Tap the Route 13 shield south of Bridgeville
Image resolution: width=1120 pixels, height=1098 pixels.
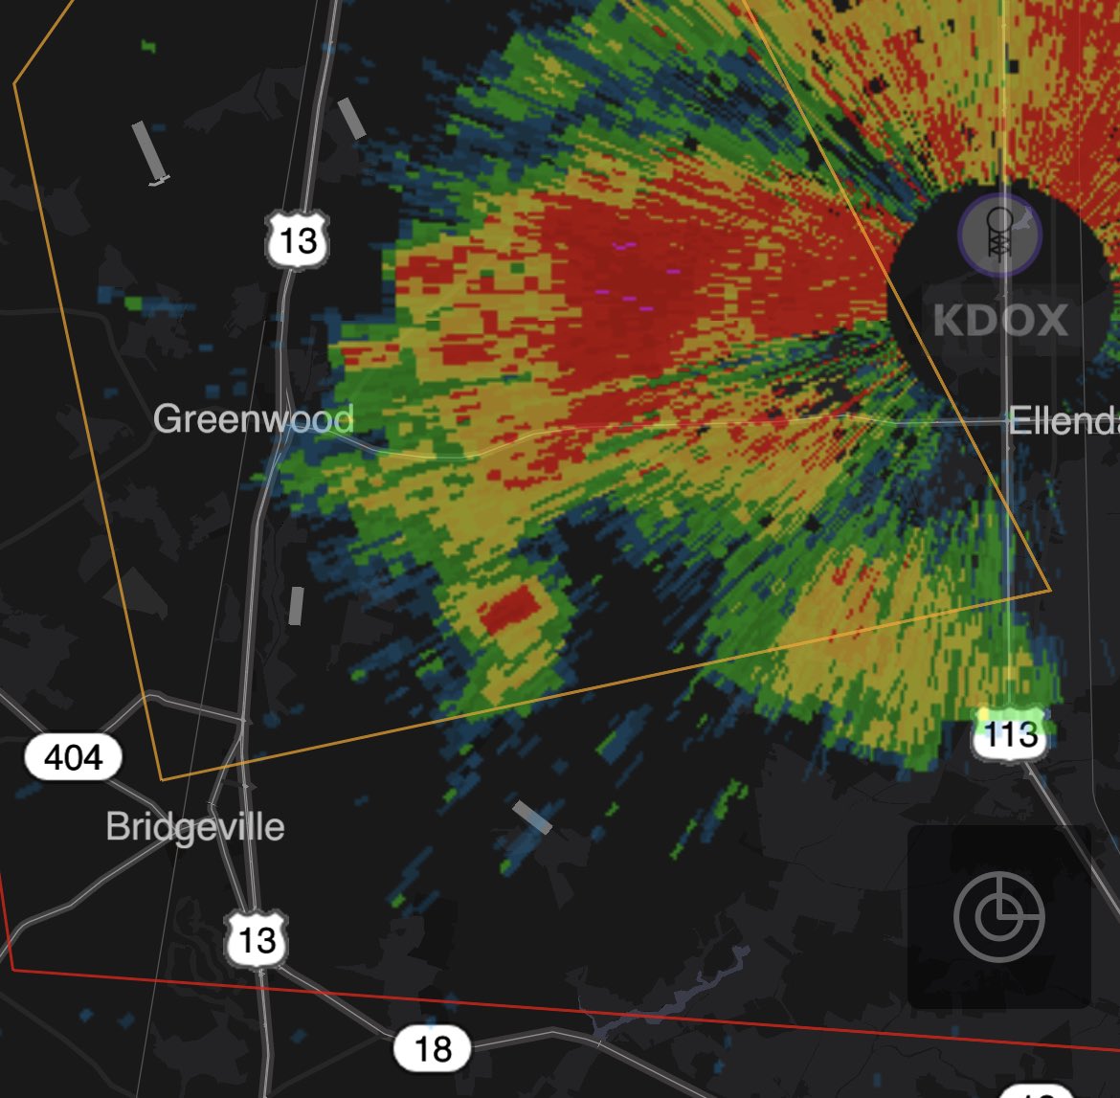tap(257, 939)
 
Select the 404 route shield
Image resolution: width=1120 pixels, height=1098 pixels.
tap(73, 758)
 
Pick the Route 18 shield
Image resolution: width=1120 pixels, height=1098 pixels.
tap(432, 1048)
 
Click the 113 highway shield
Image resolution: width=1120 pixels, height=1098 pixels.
tap(1010, 734)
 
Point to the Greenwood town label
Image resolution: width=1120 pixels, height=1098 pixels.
tap(253, 419)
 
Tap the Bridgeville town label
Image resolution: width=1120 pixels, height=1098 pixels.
tap(194, 826)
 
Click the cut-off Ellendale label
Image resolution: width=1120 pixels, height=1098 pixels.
tap(1063, 420)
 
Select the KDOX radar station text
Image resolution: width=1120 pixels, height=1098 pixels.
tap(999, 320)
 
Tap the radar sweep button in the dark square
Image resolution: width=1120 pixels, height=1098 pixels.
tap(997, 916)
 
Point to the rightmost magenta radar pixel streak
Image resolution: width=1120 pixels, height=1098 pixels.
tap(673, 272)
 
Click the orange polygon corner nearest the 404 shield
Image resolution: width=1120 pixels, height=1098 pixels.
tap(162, 779)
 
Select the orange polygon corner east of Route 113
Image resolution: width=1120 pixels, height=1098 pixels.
tap(1050, 589)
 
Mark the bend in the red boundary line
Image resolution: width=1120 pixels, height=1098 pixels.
tap(13, 969)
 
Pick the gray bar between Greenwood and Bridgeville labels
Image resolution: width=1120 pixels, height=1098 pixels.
tap(296, 606)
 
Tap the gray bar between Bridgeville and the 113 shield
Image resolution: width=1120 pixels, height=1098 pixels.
tap(532, 817)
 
